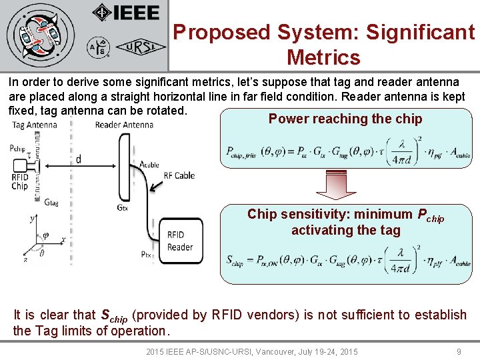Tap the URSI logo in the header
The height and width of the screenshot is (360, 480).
click(x=137, y=47)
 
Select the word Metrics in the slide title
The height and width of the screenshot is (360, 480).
click(x=323, y=57)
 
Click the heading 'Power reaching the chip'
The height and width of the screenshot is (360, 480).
click(x=345, y=119)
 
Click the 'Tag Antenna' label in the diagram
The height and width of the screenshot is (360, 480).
click(x=34, y=125)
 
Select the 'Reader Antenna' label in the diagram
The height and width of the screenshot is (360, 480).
click(x=124, y=125)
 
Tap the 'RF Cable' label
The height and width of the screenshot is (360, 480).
click(x=179, y=175)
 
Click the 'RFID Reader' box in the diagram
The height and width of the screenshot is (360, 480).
click(x=180, y=241)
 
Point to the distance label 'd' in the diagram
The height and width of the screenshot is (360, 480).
click(x=79, y=159)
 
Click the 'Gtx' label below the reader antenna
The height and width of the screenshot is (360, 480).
click(x=123, y=207)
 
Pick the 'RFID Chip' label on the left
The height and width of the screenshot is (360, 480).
click(x=20, y=181)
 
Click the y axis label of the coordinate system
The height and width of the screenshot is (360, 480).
click(x=32, y=217)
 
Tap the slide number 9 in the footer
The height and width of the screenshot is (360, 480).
click(x=459, y=351)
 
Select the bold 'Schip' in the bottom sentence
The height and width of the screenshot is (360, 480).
click(x=114, y=315)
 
